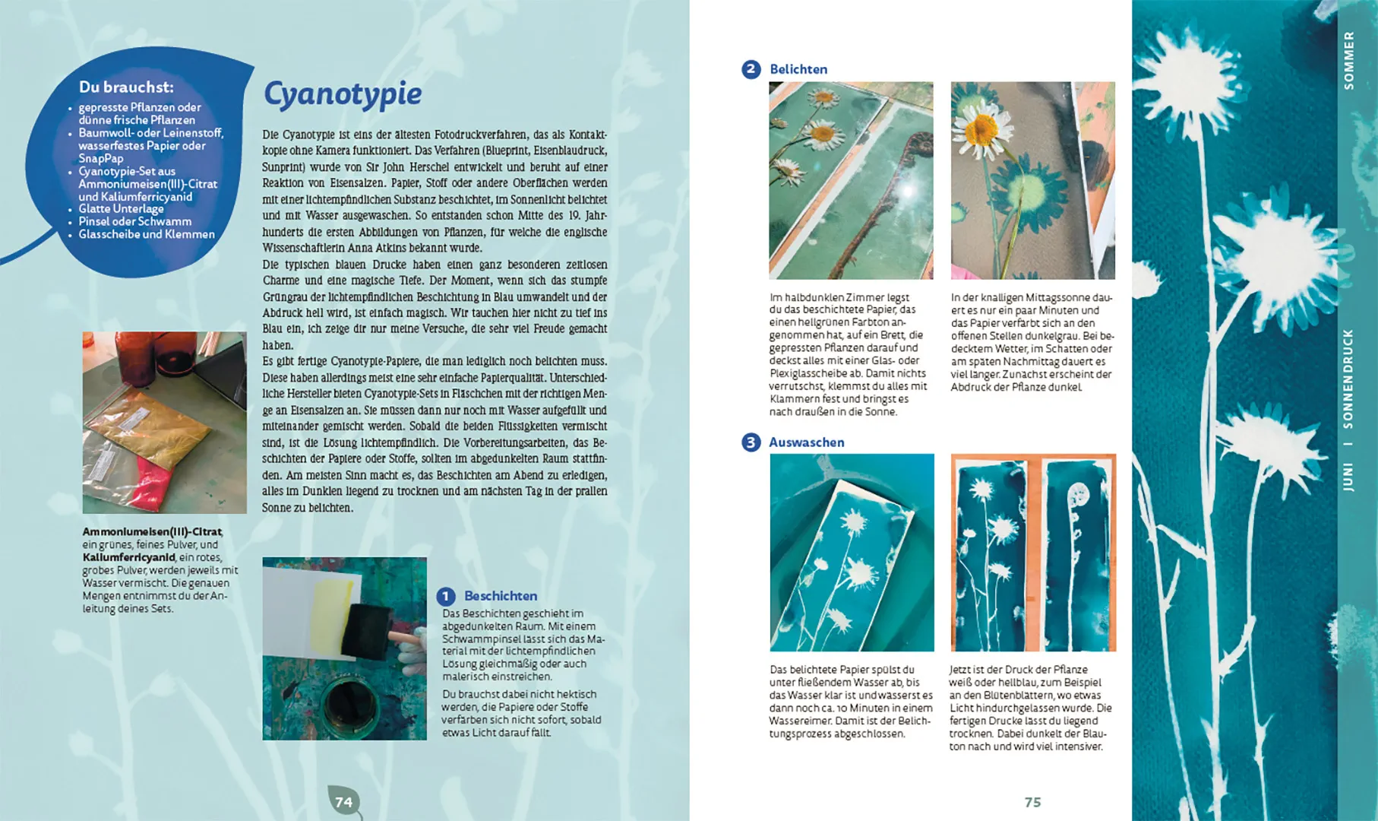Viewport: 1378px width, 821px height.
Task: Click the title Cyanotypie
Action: click(342, 94)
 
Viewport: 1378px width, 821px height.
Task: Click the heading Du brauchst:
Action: click(126, 87)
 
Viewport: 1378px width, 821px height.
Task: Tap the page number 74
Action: click(343, 802)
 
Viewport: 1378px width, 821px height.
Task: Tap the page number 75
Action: click(1032, 802)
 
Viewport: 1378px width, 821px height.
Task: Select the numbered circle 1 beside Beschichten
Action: click(446, 597)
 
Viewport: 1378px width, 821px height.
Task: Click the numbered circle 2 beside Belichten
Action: click(751, 69)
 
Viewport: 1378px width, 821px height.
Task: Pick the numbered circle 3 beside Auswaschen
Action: click(751, 442)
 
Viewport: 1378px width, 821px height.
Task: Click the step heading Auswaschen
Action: click(806, 442)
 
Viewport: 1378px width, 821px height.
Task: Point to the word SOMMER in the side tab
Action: click(1348, 61)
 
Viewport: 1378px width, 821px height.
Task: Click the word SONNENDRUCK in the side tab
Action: click(1348, 378)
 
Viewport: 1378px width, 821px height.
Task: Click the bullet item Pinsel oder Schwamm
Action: click(134, 222)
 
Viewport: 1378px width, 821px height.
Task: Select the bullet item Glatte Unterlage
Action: click(121, 209)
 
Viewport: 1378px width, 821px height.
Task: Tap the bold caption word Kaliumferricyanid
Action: click(128, 558)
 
